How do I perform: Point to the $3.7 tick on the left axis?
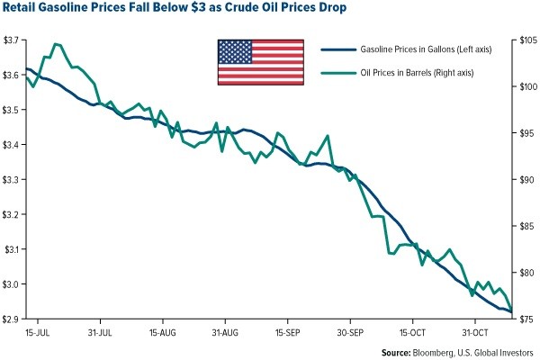pyautogui.click(x=13, y=40)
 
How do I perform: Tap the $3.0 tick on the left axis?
pyautogui.click(x=13, y=284)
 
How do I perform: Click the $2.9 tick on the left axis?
pyautogui.click(x=13, y=319)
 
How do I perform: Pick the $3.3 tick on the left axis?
pyautogui.click(x=13, y=180)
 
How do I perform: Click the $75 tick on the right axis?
pyautogui.click(x=526, y=319)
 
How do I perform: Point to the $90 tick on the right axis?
pyautogui.click(x=526, y=180)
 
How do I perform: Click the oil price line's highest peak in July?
pyautogui.click(x=57, y=43)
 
